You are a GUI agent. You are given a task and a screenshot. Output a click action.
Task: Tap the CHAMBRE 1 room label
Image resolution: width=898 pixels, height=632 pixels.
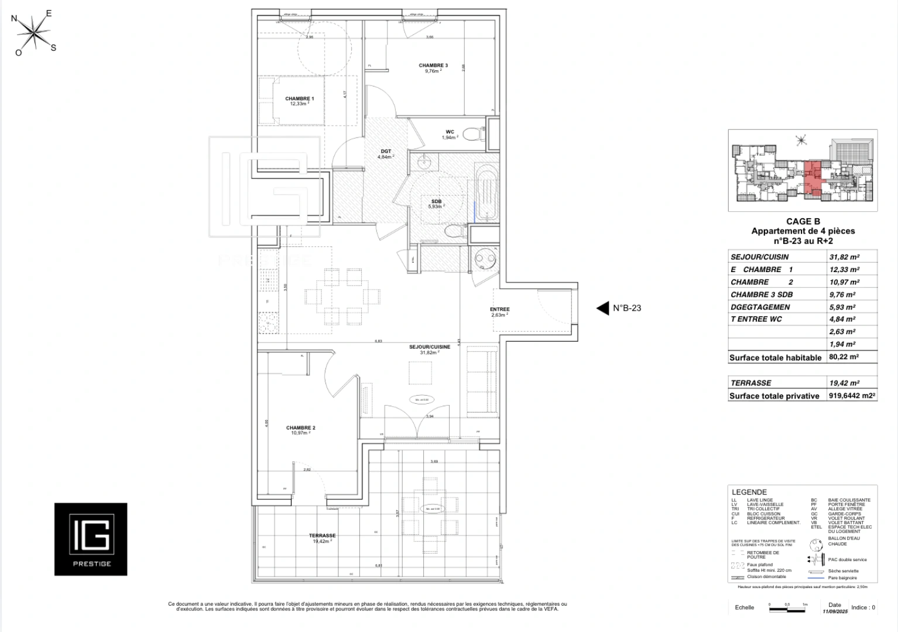[x=299, y=99]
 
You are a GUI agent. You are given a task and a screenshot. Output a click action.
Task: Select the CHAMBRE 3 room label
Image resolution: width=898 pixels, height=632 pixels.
[x=433, y=66]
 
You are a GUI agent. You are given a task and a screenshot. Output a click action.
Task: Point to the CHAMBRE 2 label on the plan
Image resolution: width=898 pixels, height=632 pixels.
[x=300, y=428]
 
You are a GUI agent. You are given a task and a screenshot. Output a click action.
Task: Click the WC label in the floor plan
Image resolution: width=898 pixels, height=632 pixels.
[x=450, y=132]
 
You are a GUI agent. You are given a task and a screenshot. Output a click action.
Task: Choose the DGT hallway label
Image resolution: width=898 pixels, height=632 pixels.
[x=385, y=152]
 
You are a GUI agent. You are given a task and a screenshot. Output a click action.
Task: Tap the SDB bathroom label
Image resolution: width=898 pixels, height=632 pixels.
[x=436, y=201]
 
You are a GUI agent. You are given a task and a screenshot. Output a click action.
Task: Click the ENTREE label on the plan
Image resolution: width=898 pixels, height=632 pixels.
[x=499, y=310]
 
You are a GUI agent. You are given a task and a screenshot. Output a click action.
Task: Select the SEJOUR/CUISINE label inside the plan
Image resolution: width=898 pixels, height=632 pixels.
[x=429, y=347]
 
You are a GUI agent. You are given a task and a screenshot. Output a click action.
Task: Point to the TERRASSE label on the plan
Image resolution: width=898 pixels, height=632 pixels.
[x=322, y=535]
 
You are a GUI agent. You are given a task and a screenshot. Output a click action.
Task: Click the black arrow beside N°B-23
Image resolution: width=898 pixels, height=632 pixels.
[x=602, y=308]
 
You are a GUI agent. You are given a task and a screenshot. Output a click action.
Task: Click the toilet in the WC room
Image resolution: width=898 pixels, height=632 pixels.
[x=472, y=135]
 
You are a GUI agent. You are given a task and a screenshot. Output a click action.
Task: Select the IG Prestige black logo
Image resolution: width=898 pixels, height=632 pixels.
[x=91, y=539]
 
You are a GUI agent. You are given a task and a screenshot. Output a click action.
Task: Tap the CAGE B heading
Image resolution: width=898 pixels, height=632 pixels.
[x=803, y=221]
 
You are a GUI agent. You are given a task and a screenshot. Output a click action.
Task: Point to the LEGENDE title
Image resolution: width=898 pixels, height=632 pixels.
[x=749, y=492]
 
